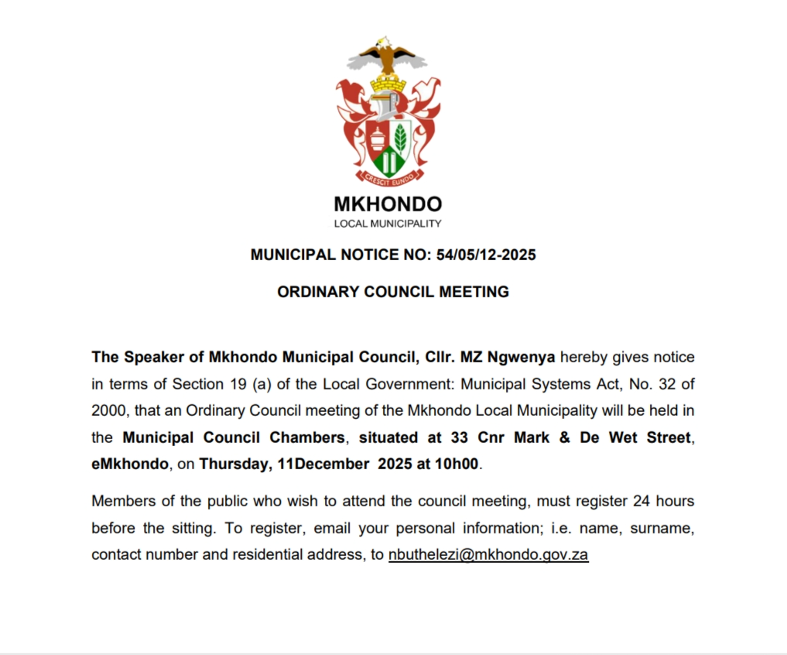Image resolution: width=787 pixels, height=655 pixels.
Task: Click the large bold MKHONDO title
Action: [388, 204]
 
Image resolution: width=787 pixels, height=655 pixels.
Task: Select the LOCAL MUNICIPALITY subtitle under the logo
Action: [388, 224]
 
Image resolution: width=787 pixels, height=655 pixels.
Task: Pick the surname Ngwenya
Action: [519, 357]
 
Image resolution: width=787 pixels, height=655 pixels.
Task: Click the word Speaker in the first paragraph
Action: [150, 357]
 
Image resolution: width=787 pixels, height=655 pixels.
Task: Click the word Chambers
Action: [306, 437]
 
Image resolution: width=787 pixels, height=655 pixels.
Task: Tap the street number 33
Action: [457, 437]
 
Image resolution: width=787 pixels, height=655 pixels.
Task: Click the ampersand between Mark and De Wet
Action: [564, 437]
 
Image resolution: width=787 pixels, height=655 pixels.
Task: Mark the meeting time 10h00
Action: [460, 465]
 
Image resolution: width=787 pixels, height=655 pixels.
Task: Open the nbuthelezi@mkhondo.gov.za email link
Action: [488, 555]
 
